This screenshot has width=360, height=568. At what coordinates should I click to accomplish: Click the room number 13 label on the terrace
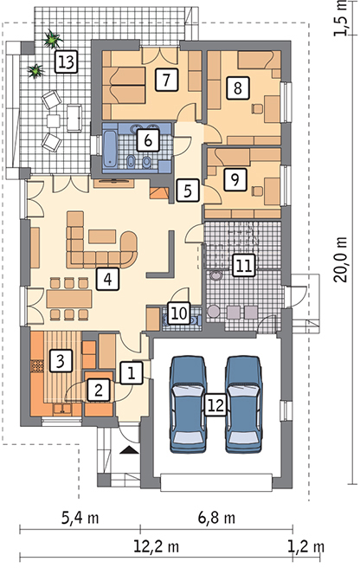tap(66, 61)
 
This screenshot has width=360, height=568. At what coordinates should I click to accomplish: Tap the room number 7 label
tap(167, 80)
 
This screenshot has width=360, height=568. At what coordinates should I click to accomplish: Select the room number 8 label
tap(238, 87)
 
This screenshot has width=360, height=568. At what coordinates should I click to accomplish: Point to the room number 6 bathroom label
tap(148, 140)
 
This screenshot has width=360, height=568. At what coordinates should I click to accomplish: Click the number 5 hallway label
tap(188, 190)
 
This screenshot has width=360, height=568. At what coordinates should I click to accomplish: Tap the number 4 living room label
tap(107, 279)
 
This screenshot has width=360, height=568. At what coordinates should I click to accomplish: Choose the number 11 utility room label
tap(243, 266)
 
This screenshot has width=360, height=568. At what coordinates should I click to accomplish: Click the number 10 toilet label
tap(178, 313)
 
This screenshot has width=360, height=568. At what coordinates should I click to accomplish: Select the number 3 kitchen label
tap(61, 360)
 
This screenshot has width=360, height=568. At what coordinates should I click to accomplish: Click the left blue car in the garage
tap(188, 404)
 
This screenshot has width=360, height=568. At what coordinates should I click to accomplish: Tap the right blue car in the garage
tap(243, 404)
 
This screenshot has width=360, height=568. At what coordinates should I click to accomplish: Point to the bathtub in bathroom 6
tap(110, 148)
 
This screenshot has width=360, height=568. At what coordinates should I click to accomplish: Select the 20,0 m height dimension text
tap(341, 260)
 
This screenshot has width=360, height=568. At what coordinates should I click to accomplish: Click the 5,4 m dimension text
tap(80, 518)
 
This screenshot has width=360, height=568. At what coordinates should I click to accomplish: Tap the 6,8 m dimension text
tap(216, 518)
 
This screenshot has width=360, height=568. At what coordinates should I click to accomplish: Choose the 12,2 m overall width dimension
tap(157, 546)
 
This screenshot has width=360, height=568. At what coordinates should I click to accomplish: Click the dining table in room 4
tap(69, 299)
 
